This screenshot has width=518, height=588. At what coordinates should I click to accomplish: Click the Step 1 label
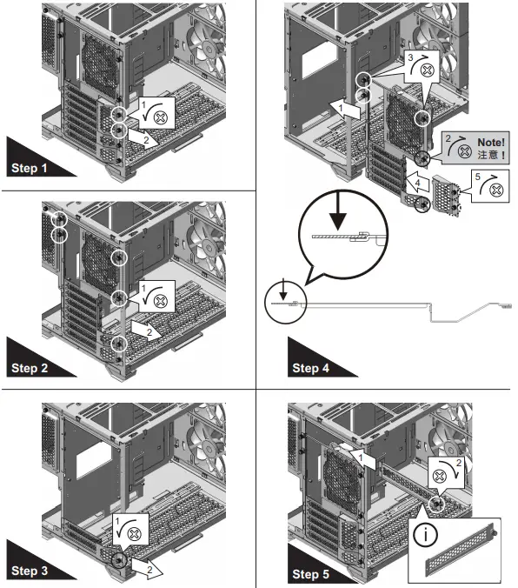[x=32, y=167]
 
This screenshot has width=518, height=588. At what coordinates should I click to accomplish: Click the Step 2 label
[x=32, y=368]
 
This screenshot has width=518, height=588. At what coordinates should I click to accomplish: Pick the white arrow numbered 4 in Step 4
[x=418, y=184]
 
